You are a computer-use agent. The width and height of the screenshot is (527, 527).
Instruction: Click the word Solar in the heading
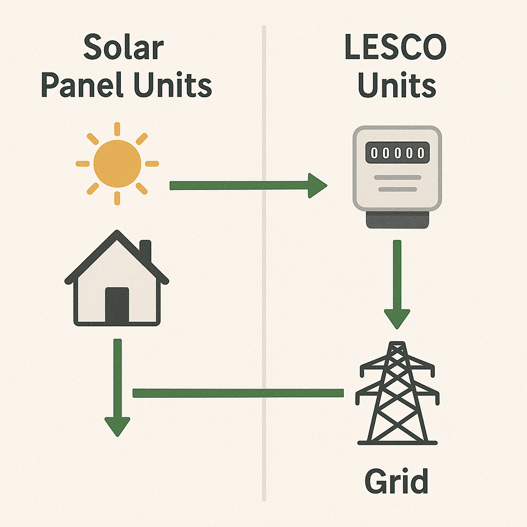(x=124, y=48)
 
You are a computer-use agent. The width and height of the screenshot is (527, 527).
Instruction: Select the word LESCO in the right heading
(x=395, y=48)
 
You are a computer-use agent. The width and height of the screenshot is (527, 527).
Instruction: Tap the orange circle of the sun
(x=117, y=164)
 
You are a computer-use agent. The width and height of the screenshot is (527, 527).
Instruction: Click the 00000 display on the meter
(x=396, y=152)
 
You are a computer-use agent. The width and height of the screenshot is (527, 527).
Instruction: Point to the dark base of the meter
(x=396, y=220)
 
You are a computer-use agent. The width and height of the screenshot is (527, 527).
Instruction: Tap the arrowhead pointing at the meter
(x=317, y=186)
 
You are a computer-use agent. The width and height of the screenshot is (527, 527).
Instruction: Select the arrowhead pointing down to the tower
(x=397, y=318)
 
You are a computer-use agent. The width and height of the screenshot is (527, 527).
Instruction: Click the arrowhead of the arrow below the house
(x=117, y=426)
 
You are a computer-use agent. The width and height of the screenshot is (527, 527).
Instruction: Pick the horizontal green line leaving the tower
(x=237, y=393)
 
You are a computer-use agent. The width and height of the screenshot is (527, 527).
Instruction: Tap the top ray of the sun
(x=117, y=129)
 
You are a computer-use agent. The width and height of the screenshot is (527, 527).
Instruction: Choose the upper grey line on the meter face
(x=396, y=178)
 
